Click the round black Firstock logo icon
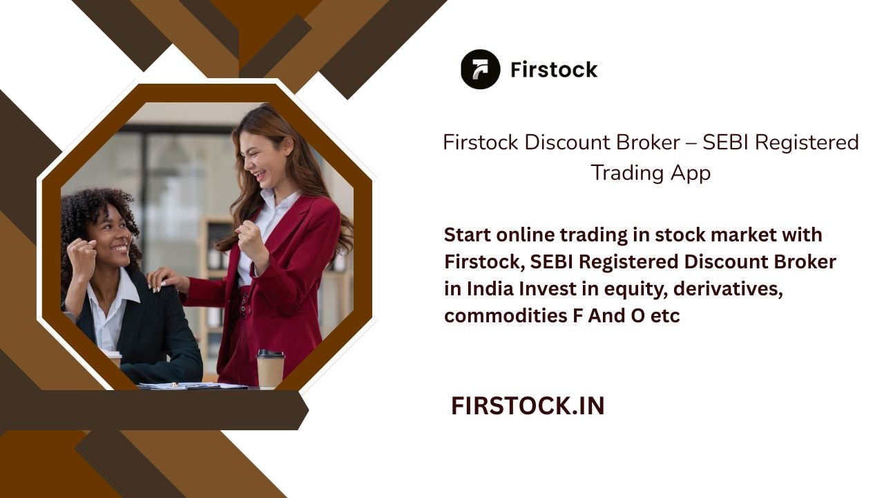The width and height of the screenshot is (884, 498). (480, 69)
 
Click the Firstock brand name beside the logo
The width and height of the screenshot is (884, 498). (554, 70)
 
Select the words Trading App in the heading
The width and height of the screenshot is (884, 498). (651, 172)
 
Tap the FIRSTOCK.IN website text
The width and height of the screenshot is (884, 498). (528, 406)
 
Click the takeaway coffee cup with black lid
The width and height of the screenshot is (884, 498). (270, 369)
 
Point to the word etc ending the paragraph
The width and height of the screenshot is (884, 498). (665, 316)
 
